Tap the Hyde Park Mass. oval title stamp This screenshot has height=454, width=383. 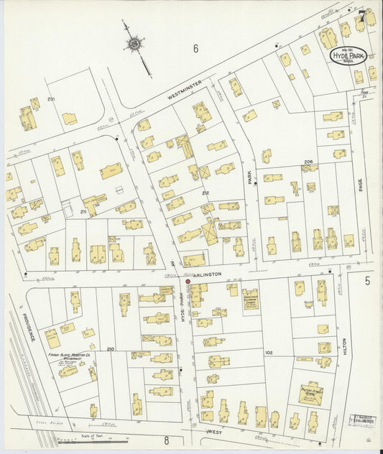(347, 55)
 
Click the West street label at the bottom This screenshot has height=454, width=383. (214, 432)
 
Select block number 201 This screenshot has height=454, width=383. (51, 98)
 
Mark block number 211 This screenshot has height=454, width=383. (83, 212)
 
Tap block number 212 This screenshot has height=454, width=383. (205, 193)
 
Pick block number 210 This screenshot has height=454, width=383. (110, 349)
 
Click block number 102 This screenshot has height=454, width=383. (269, 353)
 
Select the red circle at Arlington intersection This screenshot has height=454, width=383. (188, 282)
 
